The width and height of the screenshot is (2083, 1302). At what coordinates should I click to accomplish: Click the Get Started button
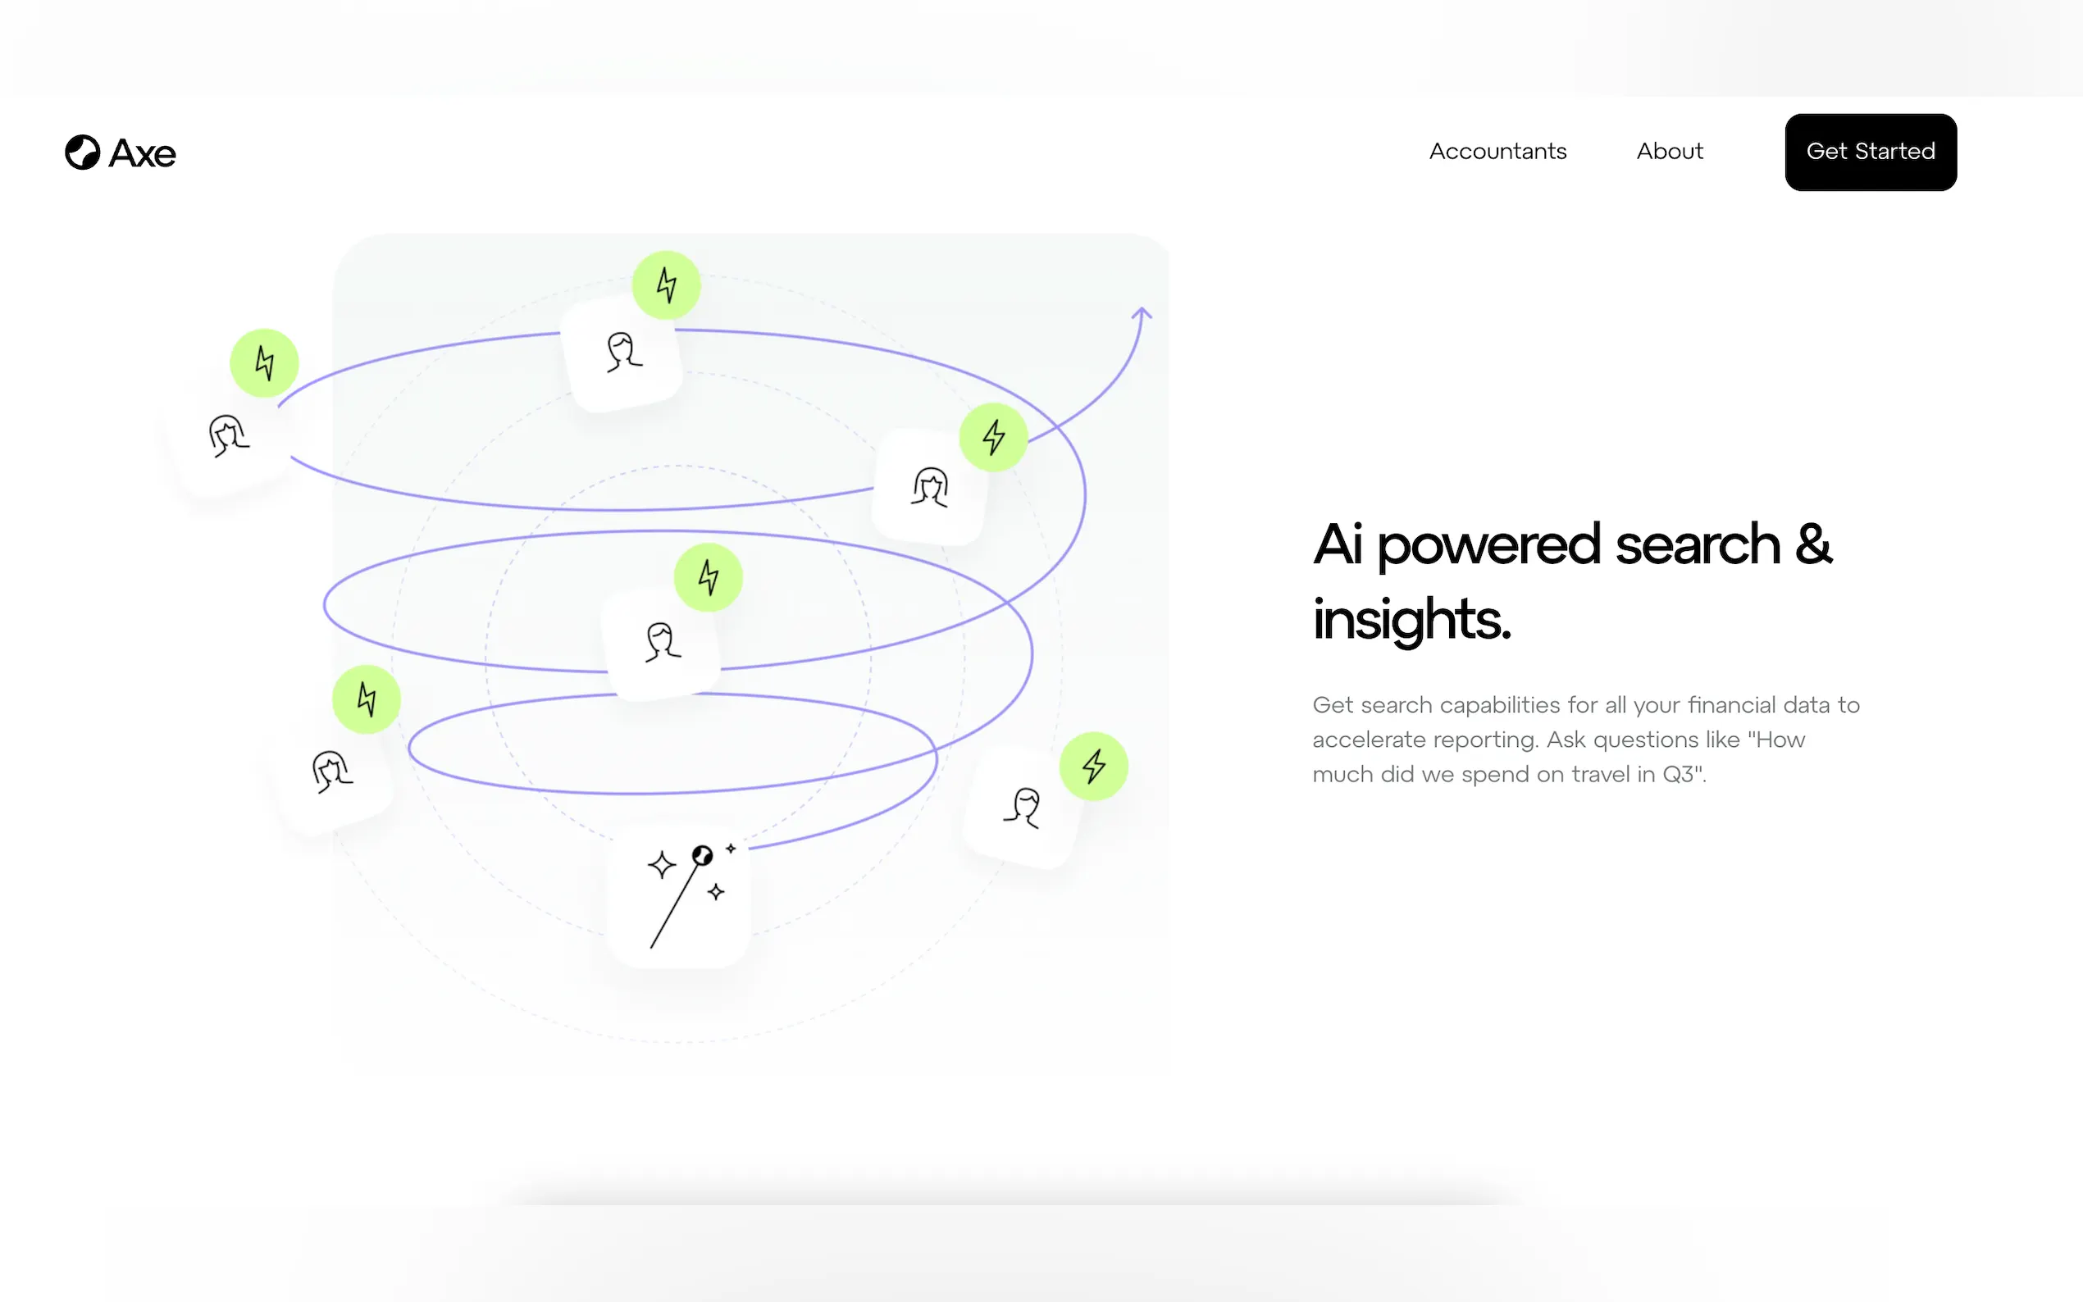[x=1871, y=152]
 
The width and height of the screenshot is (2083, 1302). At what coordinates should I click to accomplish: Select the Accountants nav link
[x=1497, y=152]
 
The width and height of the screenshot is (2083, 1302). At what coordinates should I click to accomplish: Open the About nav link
[x=1670, y=152]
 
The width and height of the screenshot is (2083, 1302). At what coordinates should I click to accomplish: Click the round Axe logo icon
[x=83, y=153]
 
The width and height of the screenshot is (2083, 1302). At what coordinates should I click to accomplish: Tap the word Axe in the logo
[x=143, y=153]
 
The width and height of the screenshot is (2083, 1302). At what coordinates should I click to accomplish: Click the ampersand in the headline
[x=1813, y=544]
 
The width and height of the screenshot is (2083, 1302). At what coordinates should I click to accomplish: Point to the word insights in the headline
[x=1411, y=620]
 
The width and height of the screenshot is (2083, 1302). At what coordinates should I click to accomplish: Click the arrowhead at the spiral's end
[x=1142, y=313]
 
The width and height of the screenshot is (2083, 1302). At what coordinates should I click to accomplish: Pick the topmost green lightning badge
[x=667, y=285]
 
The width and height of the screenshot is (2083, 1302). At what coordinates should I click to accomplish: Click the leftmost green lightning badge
[x=264, y=363]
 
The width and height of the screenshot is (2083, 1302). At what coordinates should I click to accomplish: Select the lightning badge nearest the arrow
[x=994, y=438]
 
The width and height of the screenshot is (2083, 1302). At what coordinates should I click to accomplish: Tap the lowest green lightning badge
[x=1094, y=767]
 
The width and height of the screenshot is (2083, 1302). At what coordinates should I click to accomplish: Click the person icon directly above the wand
[x=662, y=642]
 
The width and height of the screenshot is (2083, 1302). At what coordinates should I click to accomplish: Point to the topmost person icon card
[x=622, y=353]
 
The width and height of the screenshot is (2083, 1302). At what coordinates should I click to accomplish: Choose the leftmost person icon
[x=228, y=435]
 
